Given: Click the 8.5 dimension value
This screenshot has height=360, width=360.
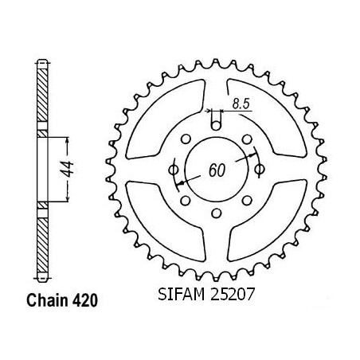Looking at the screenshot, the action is [x=241, y=104].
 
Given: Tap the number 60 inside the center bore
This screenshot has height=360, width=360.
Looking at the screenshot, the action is [x=217, y=170].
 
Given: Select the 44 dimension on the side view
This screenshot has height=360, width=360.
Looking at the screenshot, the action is [x=67, y=169].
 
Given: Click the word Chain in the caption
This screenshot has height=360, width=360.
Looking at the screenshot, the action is [x=47, y=300].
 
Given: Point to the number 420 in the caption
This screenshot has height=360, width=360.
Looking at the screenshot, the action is [x=85, y=300].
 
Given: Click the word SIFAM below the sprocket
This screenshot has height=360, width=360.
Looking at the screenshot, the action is [x=182, y=294].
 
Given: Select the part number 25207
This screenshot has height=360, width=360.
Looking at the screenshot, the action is [x=233, y=294].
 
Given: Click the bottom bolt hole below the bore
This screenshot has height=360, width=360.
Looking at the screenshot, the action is [x=217, y=213].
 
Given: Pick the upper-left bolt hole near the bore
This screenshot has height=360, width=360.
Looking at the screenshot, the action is [x=186, y=139].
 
